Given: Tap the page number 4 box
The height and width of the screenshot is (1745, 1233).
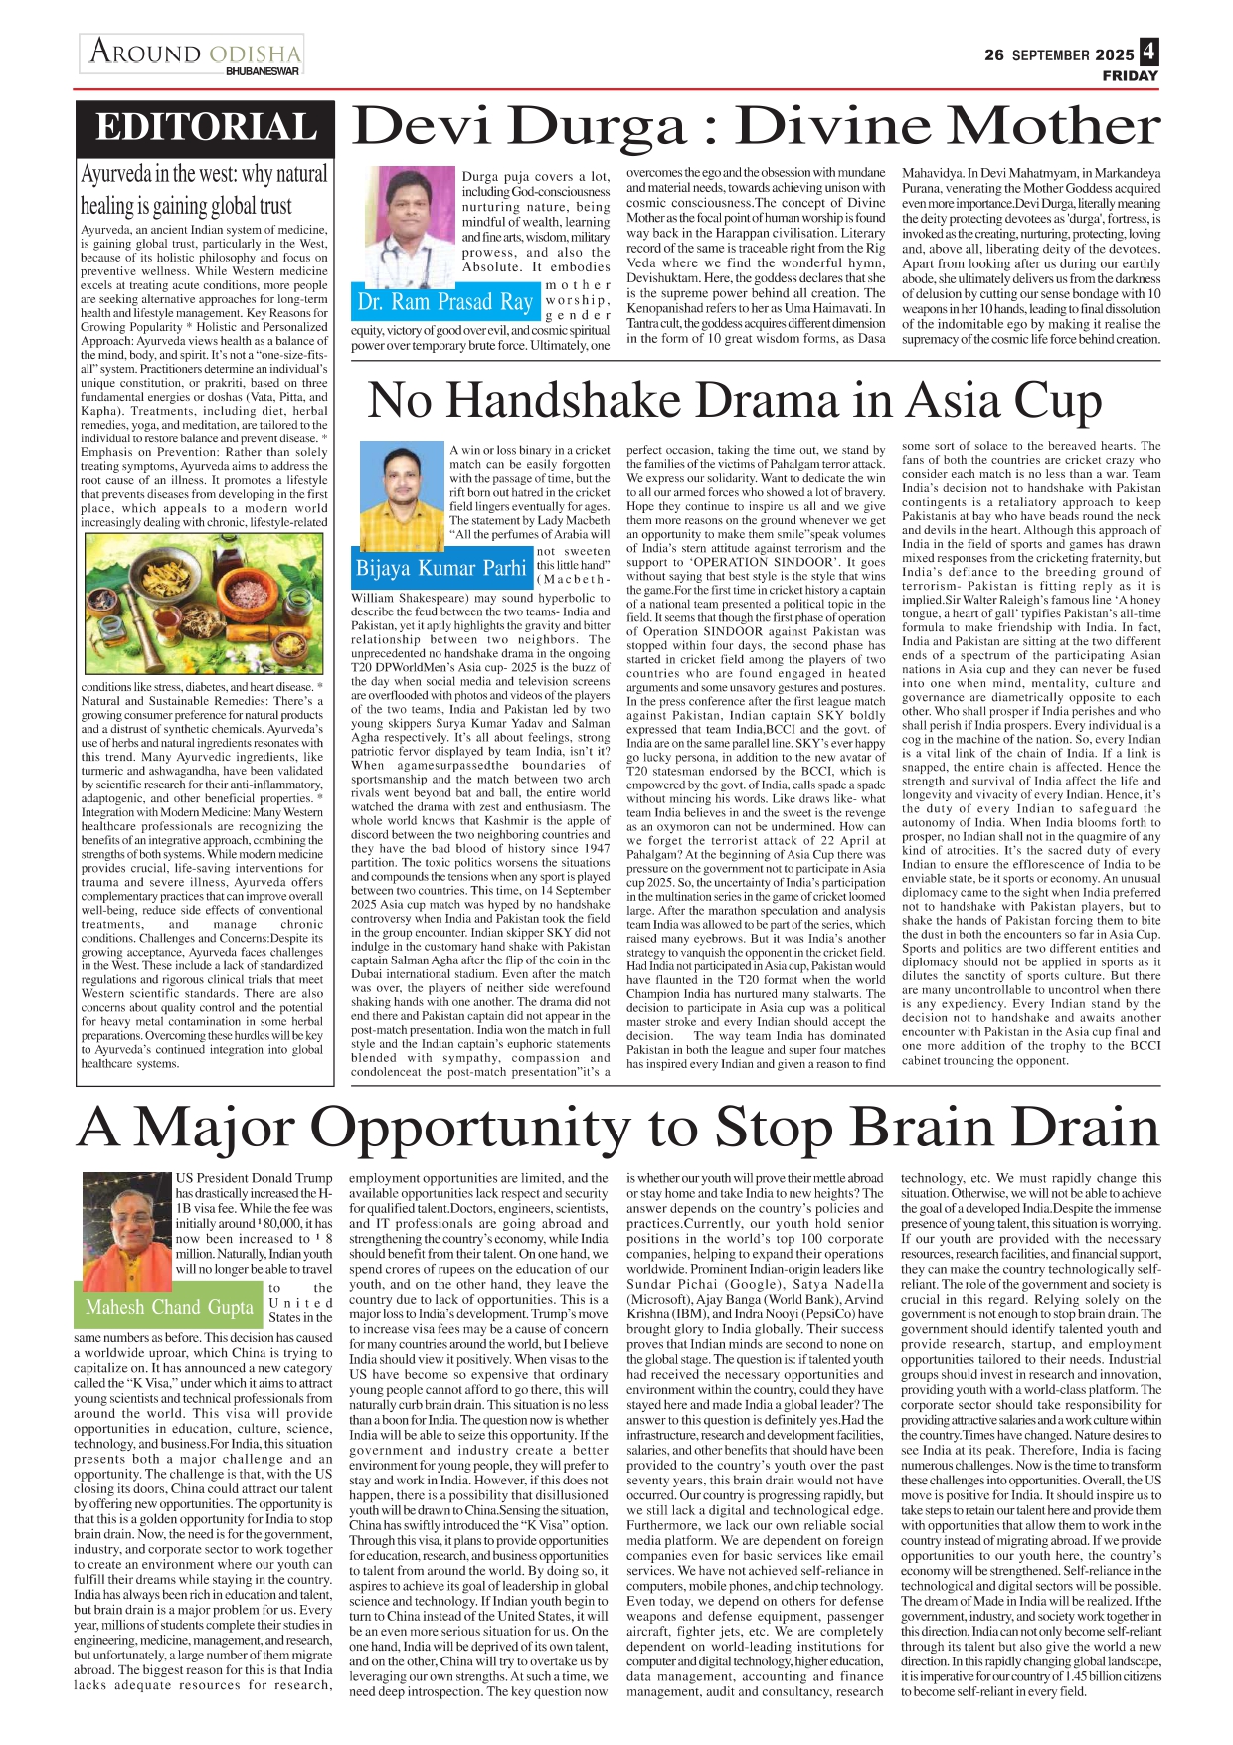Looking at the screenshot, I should coord(1148,52).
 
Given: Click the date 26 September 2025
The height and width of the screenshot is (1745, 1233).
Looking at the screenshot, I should coord(1059,55).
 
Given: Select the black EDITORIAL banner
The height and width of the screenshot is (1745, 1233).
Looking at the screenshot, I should coord(207,128).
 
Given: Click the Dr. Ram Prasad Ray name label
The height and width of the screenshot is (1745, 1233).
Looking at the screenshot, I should coord(445,301).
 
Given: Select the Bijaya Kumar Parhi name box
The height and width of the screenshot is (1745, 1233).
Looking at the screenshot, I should coord(441,568).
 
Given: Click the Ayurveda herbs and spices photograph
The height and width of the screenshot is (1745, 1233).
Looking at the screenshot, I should coord(205,605).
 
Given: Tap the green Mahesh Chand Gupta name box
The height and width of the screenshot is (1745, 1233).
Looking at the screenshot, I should coord(169,1307).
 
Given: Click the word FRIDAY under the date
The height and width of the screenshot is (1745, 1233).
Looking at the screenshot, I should coord(1130,75).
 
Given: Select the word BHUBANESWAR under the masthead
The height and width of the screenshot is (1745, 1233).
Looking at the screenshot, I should coord(263,71).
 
